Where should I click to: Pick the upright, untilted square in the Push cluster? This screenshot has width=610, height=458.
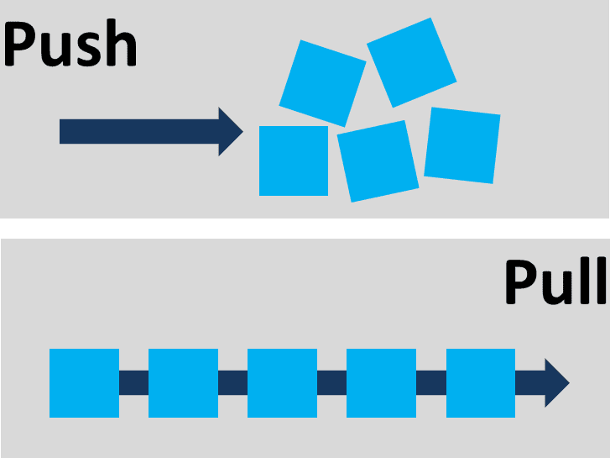pos(293,161)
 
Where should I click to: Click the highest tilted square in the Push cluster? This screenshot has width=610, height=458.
pos(411,61)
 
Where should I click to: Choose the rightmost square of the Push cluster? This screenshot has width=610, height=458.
pos(462,145)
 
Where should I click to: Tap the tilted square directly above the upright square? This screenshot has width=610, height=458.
pos(322,82)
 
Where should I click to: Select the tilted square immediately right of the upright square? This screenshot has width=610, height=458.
pos(378,161)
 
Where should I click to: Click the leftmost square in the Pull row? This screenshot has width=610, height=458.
pos(84,382)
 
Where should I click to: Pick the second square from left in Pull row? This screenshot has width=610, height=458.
pos(183,382)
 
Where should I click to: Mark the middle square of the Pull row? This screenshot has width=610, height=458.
pos(282,382)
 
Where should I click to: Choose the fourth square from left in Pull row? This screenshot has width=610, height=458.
pos(381,382)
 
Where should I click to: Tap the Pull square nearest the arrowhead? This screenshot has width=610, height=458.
pos(480,382)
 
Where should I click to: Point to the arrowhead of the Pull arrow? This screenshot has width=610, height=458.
pos(556,382)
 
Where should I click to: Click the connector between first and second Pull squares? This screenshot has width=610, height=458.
pos(133,382)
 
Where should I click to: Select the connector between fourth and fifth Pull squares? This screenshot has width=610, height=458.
pos(430,382)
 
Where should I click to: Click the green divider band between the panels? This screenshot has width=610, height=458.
pos(305,228)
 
